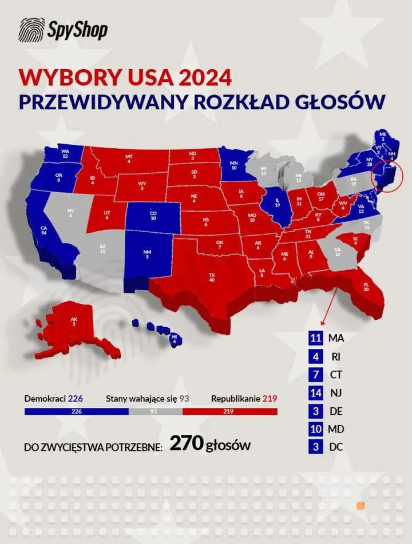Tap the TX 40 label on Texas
212,277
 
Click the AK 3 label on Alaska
74,322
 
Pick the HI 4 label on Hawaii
174,339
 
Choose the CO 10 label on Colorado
153,216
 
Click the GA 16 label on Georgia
337,252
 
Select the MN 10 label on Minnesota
233,166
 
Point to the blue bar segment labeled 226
76,411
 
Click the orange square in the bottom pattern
361,506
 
